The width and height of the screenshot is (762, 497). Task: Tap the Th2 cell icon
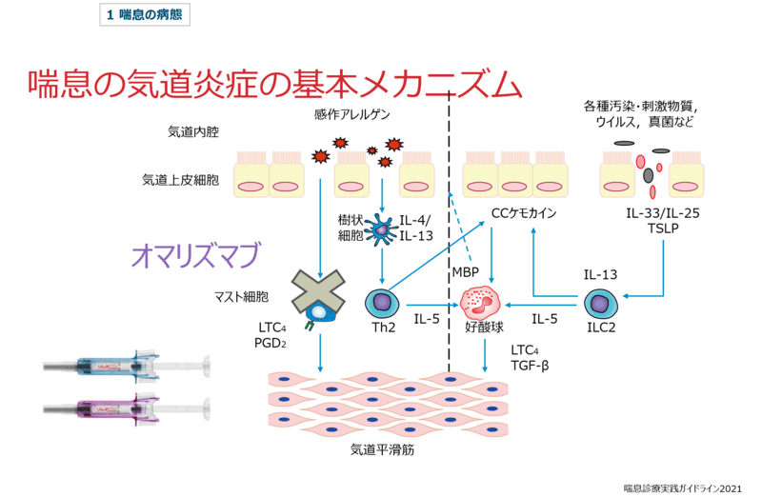[x=382, y=305]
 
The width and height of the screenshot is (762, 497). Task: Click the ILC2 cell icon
[x=599, y=304]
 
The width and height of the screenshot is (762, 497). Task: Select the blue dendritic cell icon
[x=383, y=228]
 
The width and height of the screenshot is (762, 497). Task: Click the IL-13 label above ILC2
[x=600, y=275]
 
